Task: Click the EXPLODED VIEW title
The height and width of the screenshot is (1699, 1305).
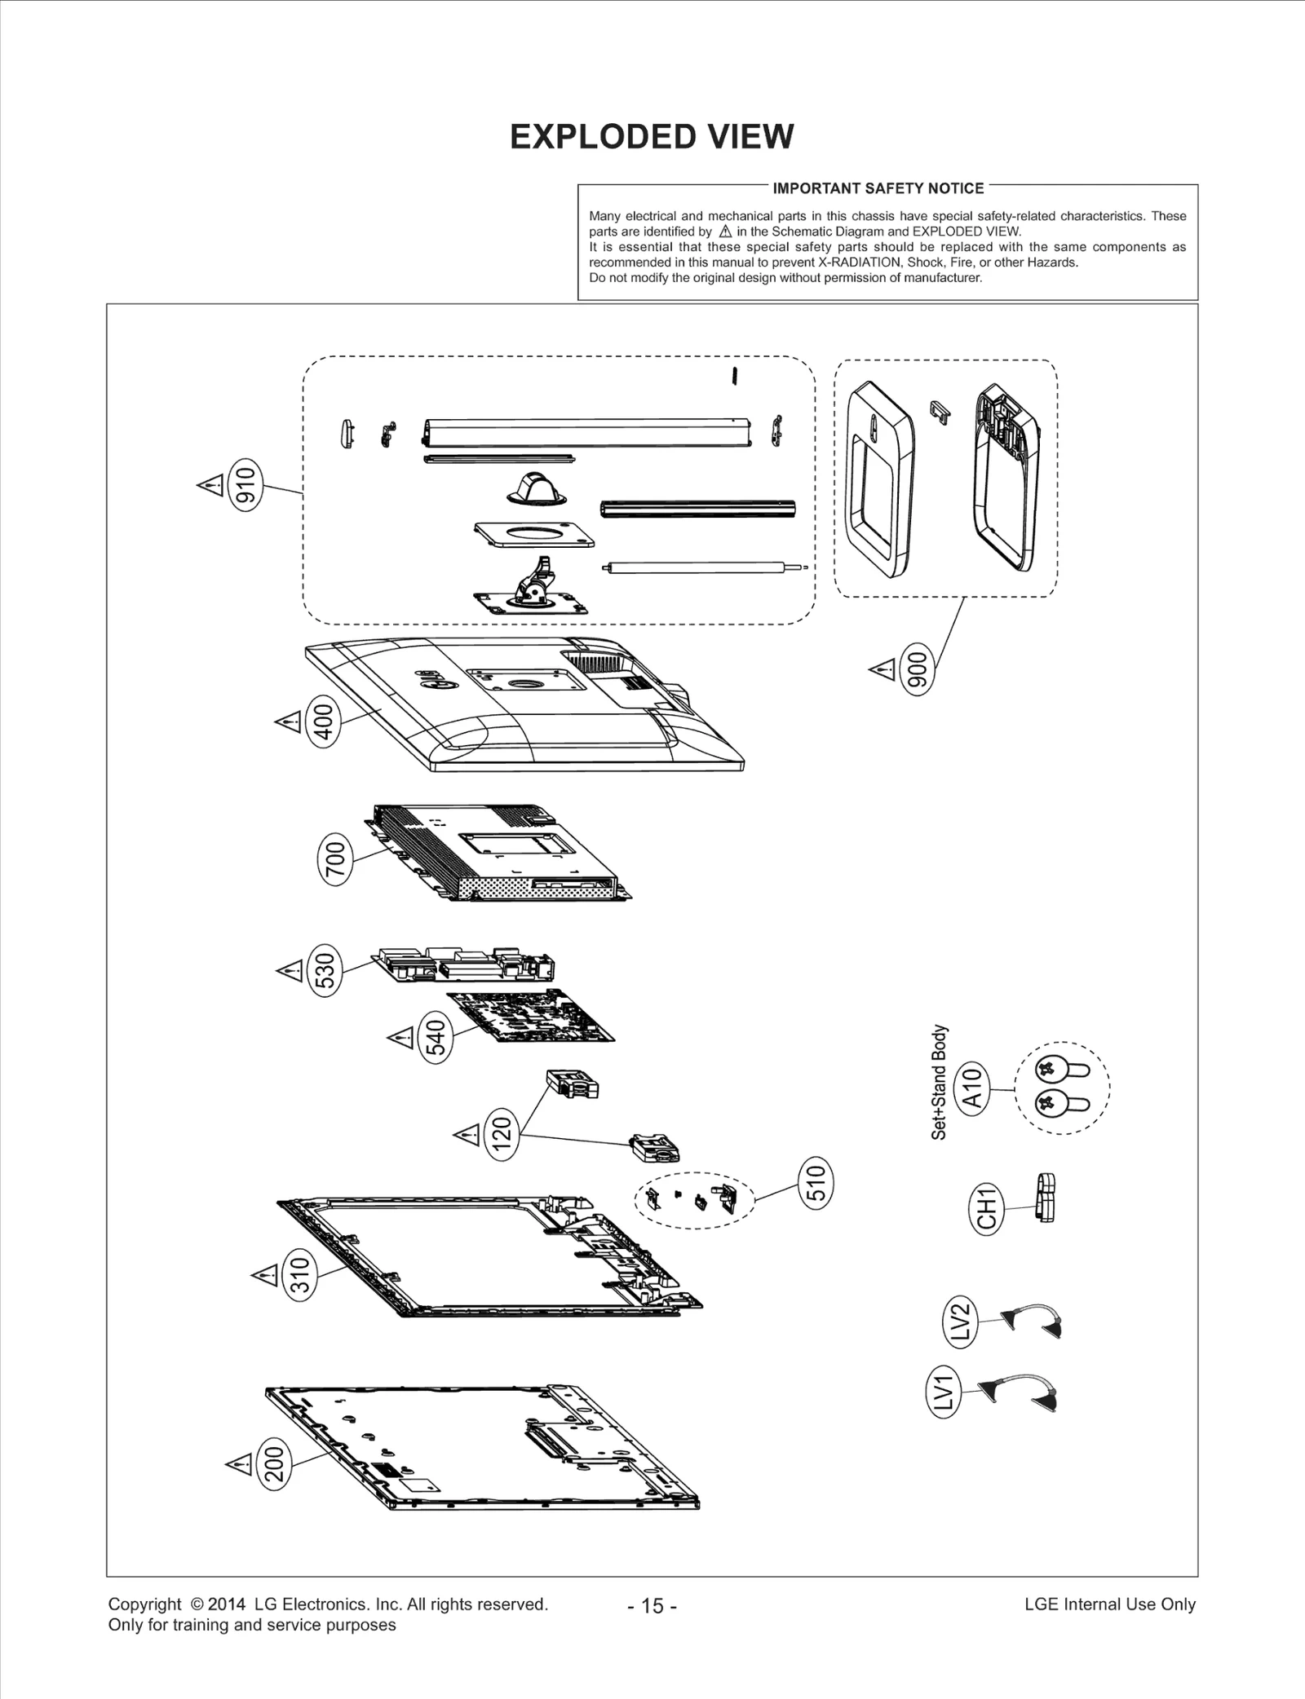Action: tap(651, 137)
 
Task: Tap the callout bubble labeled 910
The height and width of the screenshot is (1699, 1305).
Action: tap(246, 486)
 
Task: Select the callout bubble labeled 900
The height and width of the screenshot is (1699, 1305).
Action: tap(917, 669)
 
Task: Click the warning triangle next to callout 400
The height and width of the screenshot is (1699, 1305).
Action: tap(288, 722)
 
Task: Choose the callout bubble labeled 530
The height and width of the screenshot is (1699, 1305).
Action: tap(325, 970)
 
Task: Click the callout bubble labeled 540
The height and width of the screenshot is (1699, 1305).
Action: tap(436, 1038)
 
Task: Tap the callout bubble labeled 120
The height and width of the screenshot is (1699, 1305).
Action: tap(502, 1133)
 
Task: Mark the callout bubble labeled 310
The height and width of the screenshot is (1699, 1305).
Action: tap(300, 1275)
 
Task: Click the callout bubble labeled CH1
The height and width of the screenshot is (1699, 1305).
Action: tap(986, 1207)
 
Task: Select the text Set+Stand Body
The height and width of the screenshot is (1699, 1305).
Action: tap(940, 1082)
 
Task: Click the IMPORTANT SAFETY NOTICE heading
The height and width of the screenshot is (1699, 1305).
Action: tap(878, 188)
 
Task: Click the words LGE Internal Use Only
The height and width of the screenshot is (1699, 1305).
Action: tap(1109, 1604)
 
